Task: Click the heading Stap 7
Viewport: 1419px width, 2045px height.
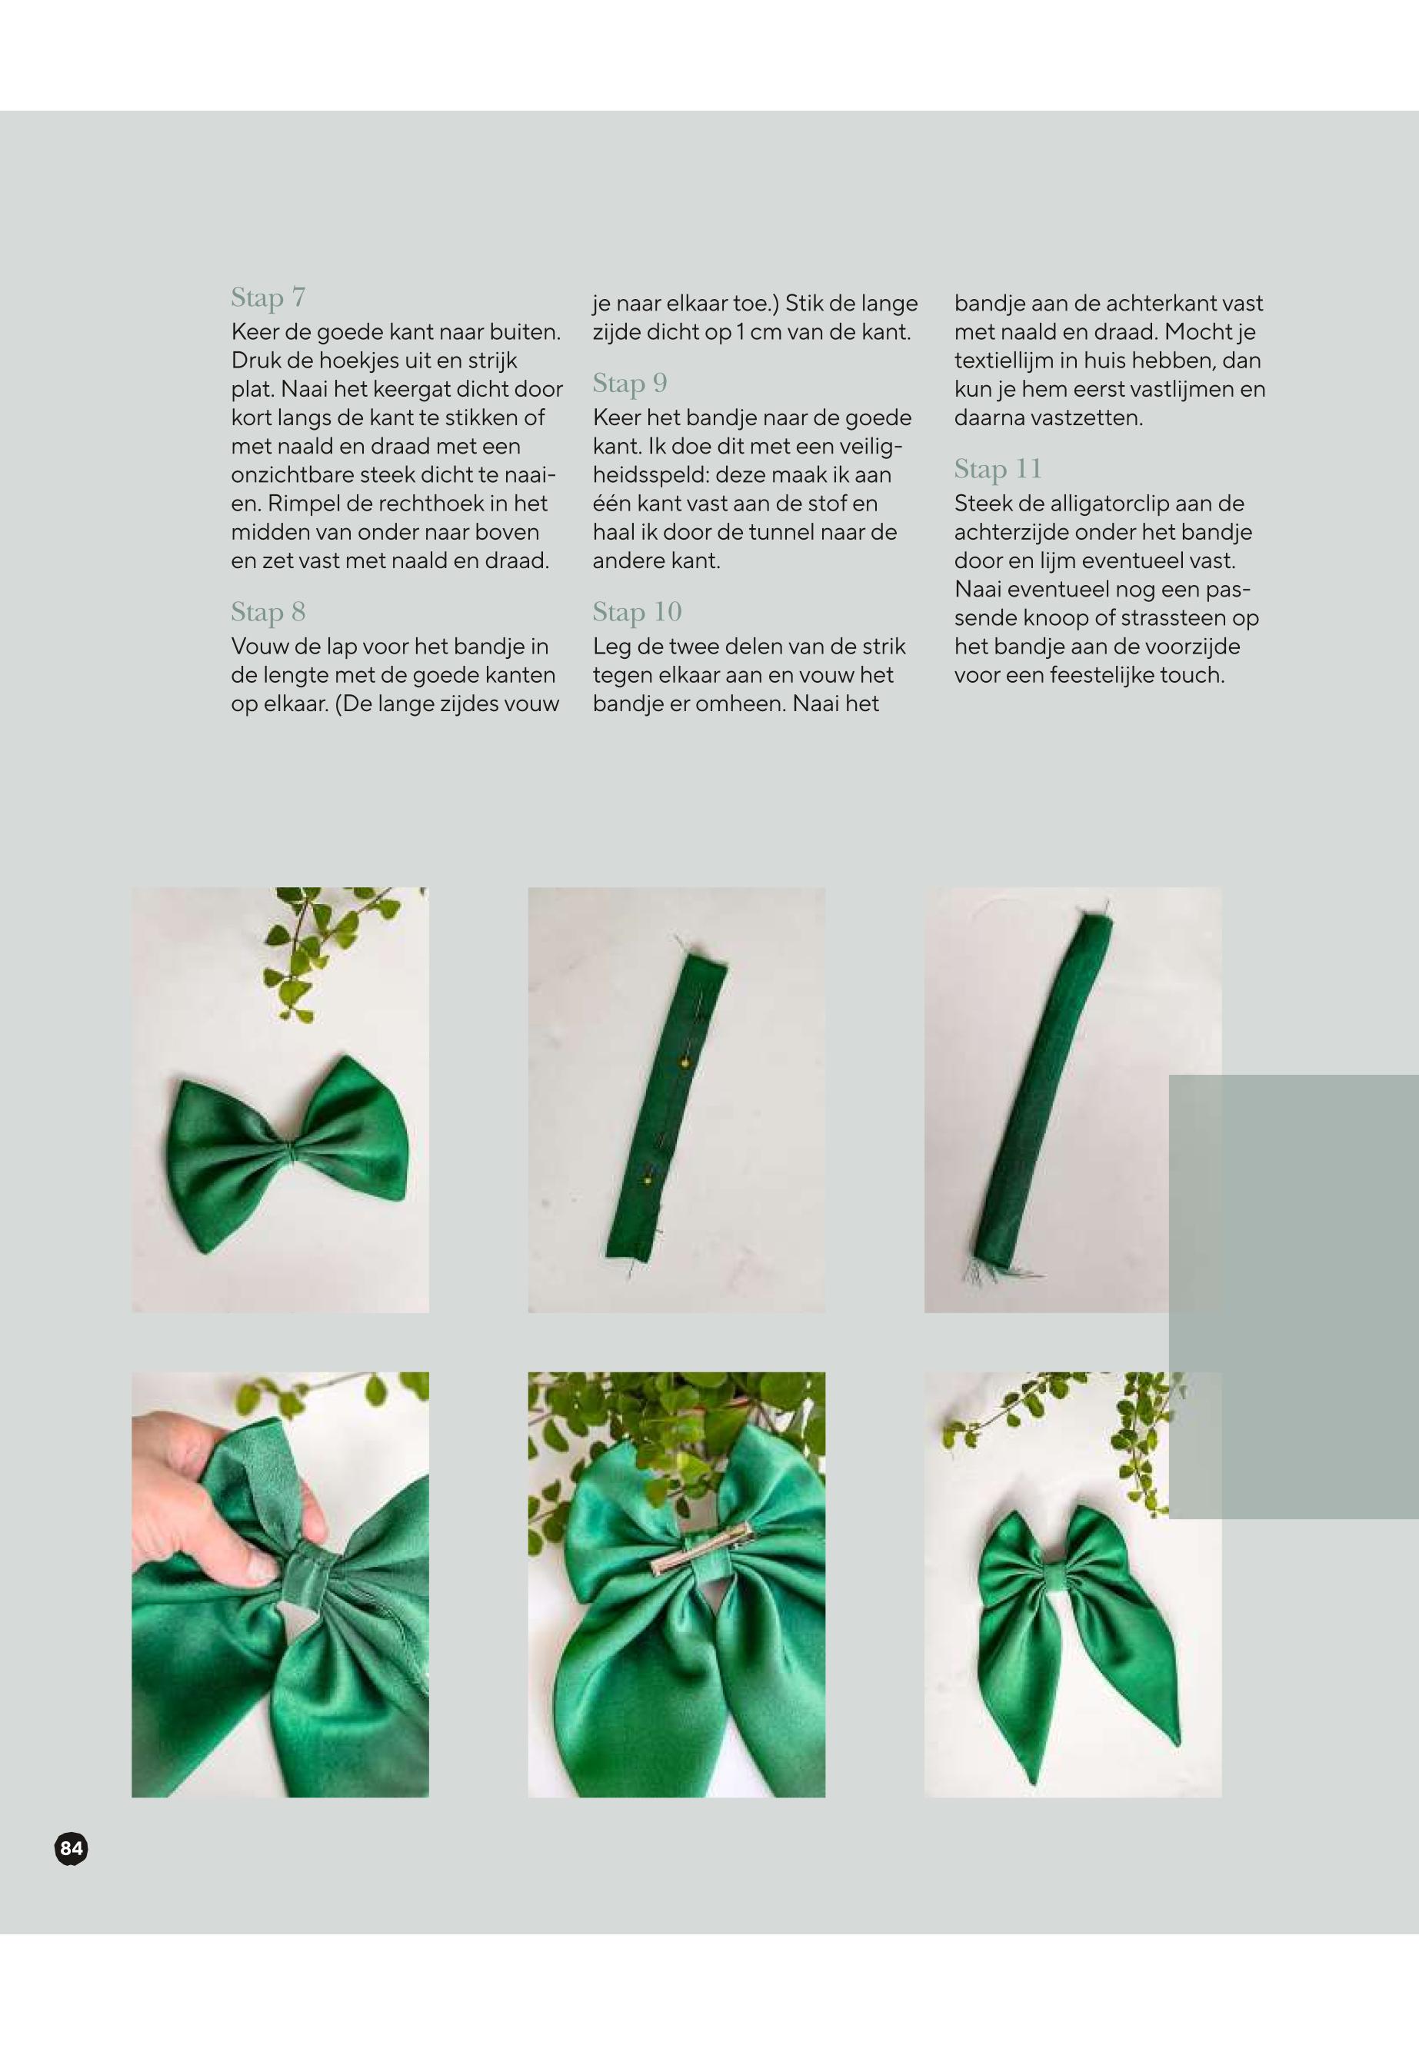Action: click(x=268, y=297)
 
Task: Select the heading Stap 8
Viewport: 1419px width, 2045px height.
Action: click(x=268, y=611)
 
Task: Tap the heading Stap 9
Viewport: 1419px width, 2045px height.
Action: click(x=629, y=383)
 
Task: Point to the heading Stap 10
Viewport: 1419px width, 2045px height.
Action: click(x=637, y=611)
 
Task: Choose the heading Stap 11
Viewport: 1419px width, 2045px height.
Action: click(x=998, y=468)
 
